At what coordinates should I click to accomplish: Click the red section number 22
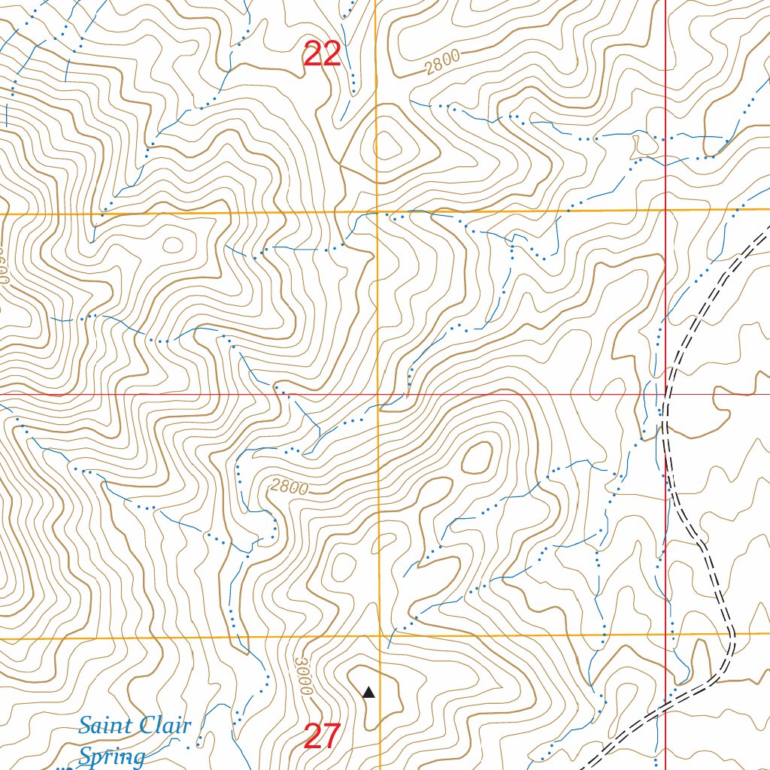pos(323,55)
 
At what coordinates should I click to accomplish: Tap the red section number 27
pos(323,736)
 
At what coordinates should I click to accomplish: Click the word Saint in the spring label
pos(105,726)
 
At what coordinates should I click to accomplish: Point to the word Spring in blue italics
pos(111,756)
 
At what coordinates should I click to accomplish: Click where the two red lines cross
pos(666,394)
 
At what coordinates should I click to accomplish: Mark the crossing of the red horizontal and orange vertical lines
pos(377,394)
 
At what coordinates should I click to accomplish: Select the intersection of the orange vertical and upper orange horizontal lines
pos(377,213)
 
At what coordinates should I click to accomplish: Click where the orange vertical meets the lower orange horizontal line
pos(379,638)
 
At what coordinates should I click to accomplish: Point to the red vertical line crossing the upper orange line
pos(666,210)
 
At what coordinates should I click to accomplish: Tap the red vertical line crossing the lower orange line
pos(666,635)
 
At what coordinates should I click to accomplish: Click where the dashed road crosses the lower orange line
pos(732,634)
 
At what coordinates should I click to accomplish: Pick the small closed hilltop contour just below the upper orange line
pos(172,244)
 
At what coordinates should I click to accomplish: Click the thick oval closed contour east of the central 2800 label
pos(476,458)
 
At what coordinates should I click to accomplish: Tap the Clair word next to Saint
pos(166,726)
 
